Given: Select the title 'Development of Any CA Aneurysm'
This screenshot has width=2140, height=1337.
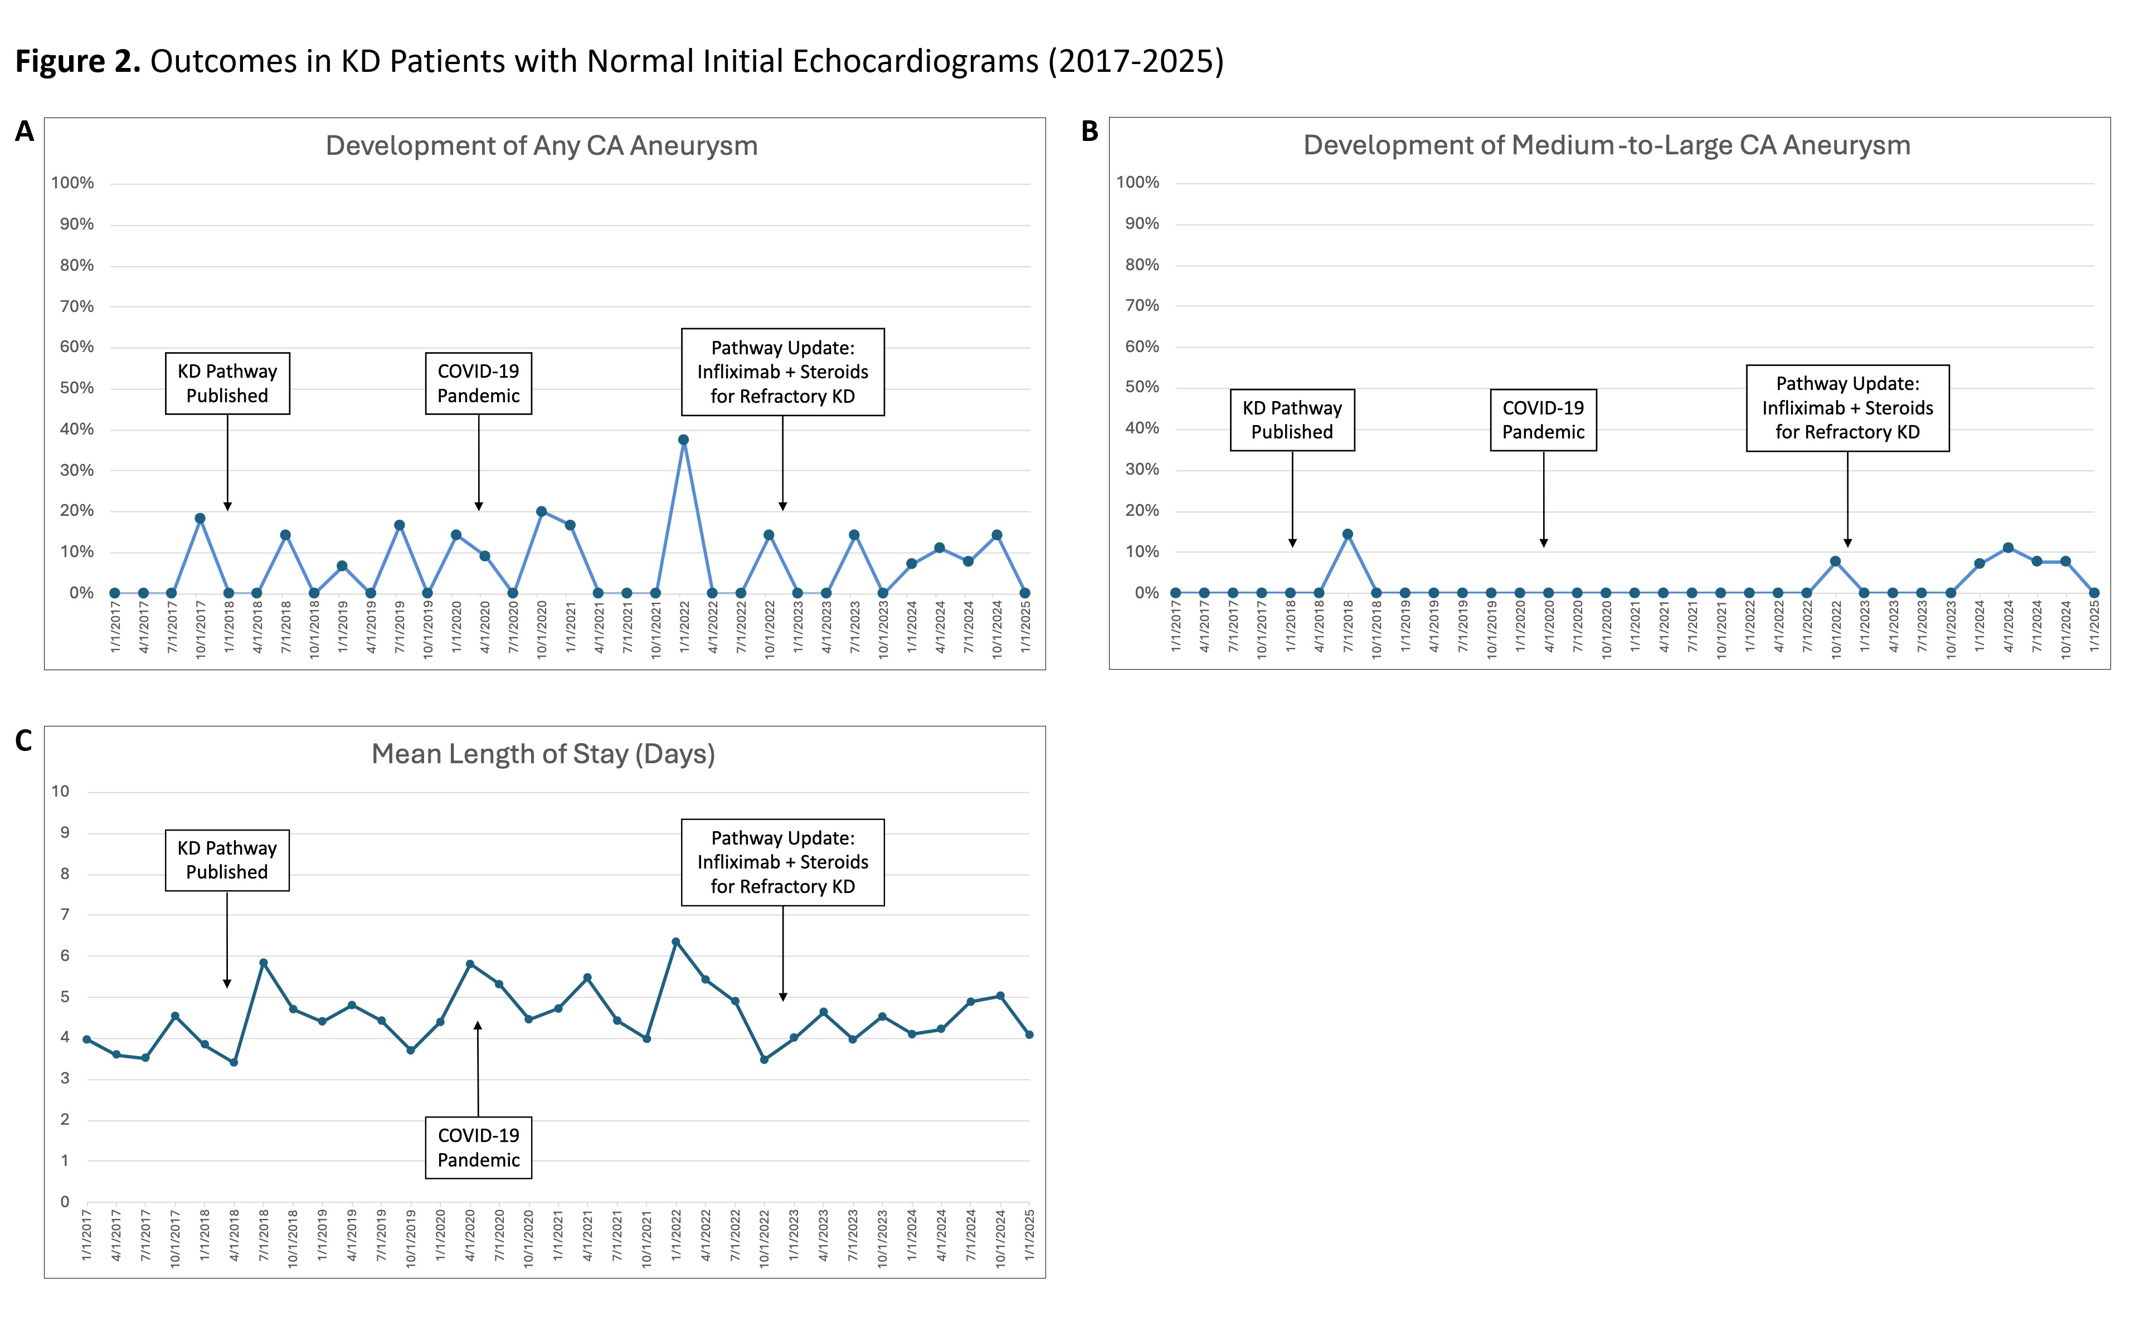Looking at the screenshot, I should (x=541, y=146).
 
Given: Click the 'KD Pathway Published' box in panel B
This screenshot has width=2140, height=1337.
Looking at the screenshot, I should (x=1292, y=420).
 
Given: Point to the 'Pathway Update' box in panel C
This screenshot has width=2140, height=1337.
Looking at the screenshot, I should (x=782, y=862).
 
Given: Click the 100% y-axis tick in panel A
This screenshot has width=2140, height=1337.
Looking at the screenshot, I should (x=72, y=183).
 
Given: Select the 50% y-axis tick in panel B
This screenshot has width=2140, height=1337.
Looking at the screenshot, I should (x=1142, y=387).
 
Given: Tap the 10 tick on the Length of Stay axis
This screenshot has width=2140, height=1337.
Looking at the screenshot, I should (x=60, y=792).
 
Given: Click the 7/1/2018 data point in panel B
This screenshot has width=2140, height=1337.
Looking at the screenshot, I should (x=1348, y=534).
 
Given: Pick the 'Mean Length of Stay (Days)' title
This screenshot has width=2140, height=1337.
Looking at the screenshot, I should (x=543, y=754).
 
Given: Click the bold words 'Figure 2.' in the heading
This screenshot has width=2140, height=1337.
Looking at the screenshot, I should (x=78, y=61).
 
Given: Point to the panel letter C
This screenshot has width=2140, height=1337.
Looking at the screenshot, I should (x=24, y=741).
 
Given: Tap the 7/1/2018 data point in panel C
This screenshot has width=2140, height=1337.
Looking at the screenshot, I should (x=264, y=963).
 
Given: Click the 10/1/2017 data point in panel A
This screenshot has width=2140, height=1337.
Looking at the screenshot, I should (x=200, y=518).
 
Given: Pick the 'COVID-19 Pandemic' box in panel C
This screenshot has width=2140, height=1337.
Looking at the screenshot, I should (x=478, y=1148).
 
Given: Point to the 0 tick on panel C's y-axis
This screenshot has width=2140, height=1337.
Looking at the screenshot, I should (x=65, y=1202).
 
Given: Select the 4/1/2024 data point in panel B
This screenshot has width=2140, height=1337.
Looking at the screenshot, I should (x=2008, y=548).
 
